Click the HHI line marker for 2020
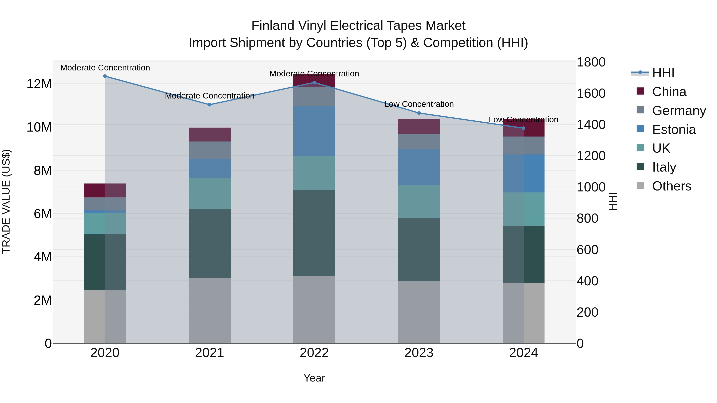click(105, 76)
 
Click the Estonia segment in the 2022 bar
click(314, 131)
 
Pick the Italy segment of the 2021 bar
click(210, 243)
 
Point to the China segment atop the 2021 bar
click(210, 134)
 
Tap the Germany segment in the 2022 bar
click(314, 96)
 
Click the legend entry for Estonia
click(674, 130)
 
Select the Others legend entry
click(671, 186)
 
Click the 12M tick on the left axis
click(39, 84)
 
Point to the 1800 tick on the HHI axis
click(591, 62)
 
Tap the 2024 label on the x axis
click(523, 353)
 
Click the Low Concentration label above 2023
click(419, 104)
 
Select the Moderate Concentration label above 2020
click(105, 68)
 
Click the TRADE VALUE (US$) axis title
click(6, 201)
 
